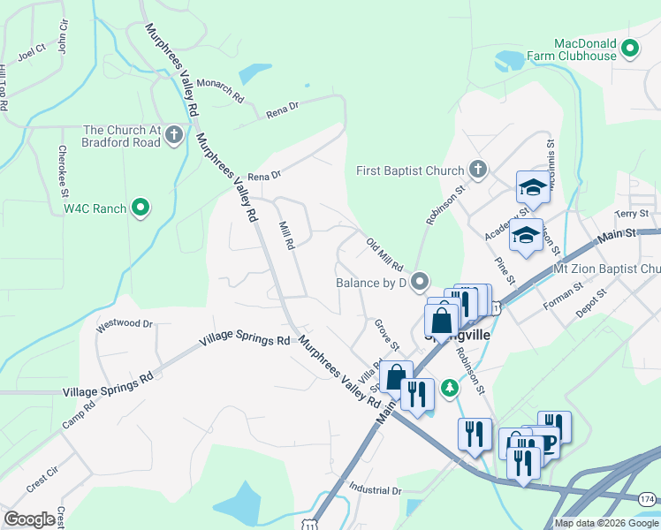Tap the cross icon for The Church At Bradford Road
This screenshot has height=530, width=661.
174,135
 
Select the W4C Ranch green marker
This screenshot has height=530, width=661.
140,208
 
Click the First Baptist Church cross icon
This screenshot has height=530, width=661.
478,170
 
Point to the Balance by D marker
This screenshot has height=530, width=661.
420,283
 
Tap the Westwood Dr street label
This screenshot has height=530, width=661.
125,324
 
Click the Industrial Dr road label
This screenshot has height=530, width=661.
375,489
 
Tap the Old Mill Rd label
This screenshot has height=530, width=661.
384,254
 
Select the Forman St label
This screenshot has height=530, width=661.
564,292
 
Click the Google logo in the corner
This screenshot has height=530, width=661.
29,519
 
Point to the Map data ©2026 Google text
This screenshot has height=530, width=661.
606,523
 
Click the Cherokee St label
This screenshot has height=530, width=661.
63,164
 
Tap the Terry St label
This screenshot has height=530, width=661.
632,214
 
